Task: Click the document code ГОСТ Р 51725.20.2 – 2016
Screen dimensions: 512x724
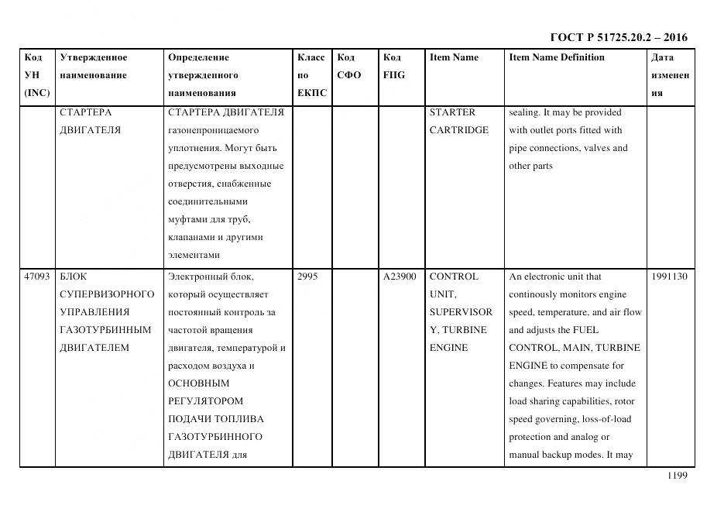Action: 618,37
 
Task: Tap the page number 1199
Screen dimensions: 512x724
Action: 678,476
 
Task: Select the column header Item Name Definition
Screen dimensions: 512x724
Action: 557,57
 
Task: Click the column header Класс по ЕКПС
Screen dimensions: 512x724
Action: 312,75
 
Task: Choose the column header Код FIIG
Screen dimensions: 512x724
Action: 393,67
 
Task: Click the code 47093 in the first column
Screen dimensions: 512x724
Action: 37,277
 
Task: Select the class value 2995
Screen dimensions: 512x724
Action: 307,277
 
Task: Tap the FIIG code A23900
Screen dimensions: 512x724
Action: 400,277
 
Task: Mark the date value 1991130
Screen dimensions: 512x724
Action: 669,277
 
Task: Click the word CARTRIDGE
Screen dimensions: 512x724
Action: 458,130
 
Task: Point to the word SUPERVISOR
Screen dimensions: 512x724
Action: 461,312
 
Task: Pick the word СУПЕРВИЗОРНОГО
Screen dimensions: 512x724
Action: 107,294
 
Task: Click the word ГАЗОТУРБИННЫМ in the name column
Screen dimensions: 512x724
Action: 105,330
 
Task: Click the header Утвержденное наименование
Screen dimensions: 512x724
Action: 94,67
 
